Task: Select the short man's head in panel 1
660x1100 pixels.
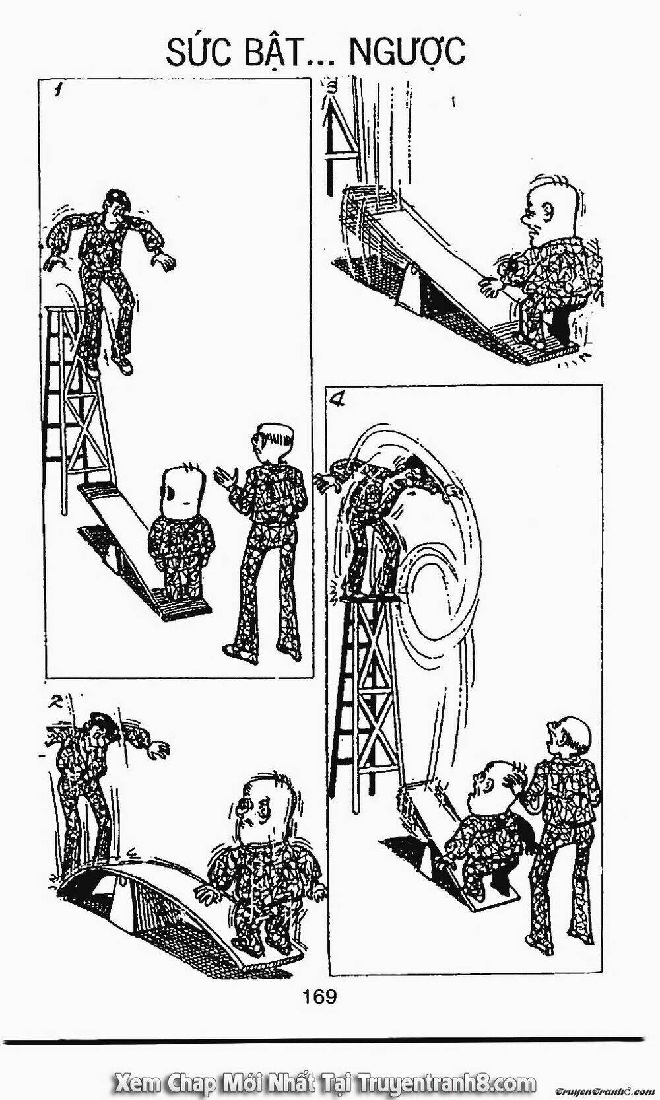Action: pyautogui.click(x=182, y=489)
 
